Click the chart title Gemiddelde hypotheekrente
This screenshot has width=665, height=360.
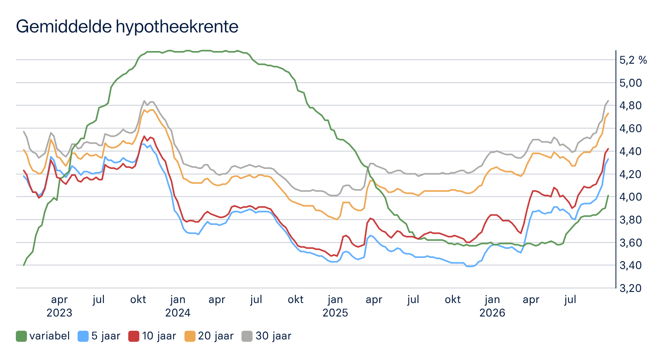click(x=127, y=27)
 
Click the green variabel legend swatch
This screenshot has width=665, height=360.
click(x=21, y=336)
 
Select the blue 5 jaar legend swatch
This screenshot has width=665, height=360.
click(x=83, y=336)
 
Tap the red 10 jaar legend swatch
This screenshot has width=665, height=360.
click(x=134, y=336)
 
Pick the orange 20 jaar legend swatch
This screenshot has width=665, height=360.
click(x=190, y=336)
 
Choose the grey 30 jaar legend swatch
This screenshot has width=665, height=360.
click(x=247, y=336)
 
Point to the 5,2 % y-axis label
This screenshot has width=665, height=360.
click(x=633, y=60)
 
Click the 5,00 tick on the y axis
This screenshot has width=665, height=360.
click(x=631, y=83)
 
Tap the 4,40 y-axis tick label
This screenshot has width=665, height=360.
click(x=631, y=152)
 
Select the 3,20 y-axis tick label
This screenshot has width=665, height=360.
click(x=631, y=288)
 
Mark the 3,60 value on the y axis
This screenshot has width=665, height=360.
click(x=631, y=243)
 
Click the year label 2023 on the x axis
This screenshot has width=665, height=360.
click(x=59, y=313)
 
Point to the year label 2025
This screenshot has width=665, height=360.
click(x=335, y=313)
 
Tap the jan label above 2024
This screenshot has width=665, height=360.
click(x=178, y=300)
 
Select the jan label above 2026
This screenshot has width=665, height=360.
click(x=492, y=300)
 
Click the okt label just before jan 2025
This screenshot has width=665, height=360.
click(x=295, y=299)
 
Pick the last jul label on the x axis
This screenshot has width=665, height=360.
click(x=570, y=300)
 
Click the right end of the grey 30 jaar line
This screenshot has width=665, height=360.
click(x=608, y=101)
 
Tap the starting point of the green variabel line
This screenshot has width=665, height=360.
click(x=24, y=265)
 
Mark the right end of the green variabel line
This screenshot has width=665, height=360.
click(x=608, y=195)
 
